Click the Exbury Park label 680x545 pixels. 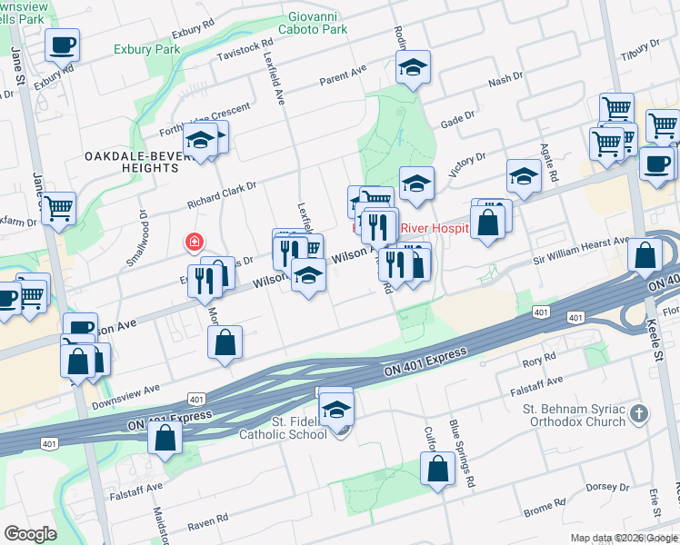[x=146, y=49]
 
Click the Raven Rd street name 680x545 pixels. [x=207, y=525]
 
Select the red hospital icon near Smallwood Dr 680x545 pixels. [x=194, y=242]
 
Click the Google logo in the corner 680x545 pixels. [x=31, y=533]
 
